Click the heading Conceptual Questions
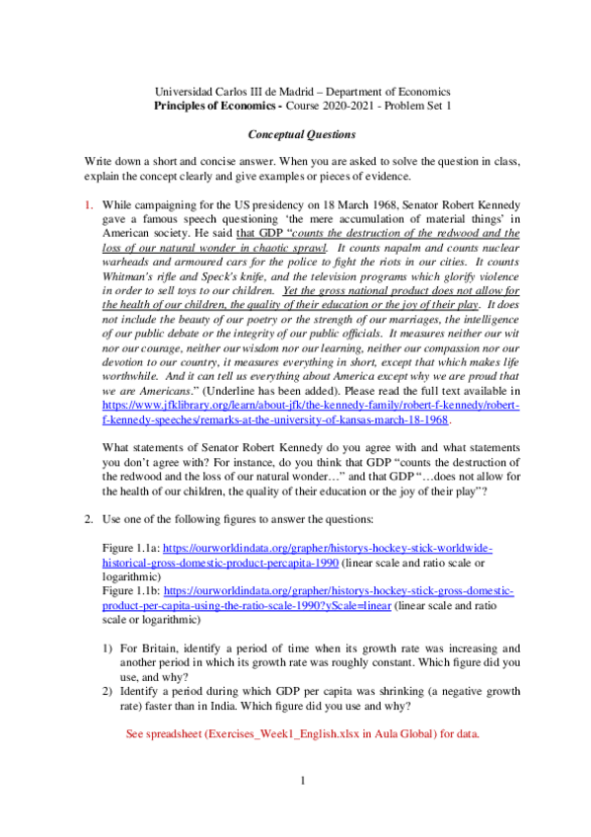(295, 132)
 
